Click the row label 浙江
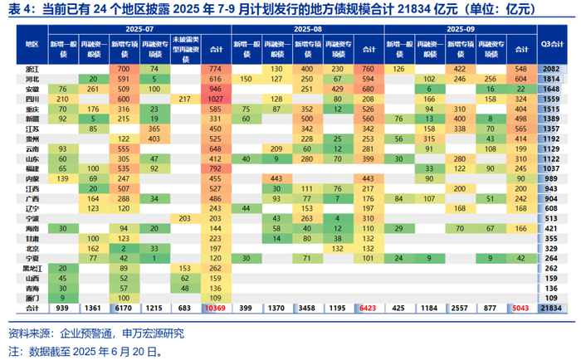[x=32, y=67]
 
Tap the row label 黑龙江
[x=32, y=268]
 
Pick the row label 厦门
[x=32, y=298]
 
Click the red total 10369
[x=217, y=309]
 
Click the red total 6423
[x=368, y=309]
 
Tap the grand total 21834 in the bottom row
[x=550, y=309]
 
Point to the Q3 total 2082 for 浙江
[x=550, y=67]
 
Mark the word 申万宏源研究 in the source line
[x=154, y=333]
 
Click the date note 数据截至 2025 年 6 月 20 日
[x=100, y=350]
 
